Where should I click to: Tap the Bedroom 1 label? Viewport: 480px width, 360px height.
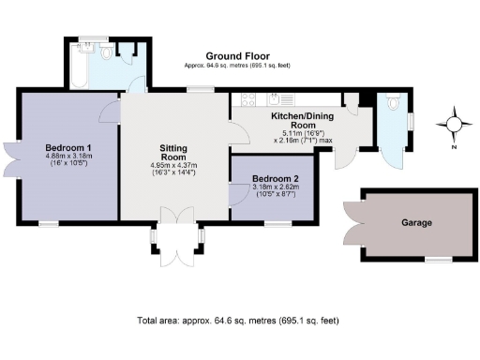pos(67,148)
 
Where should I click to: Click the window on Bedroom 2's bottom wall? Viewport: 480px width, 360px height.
pos(276,223)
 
